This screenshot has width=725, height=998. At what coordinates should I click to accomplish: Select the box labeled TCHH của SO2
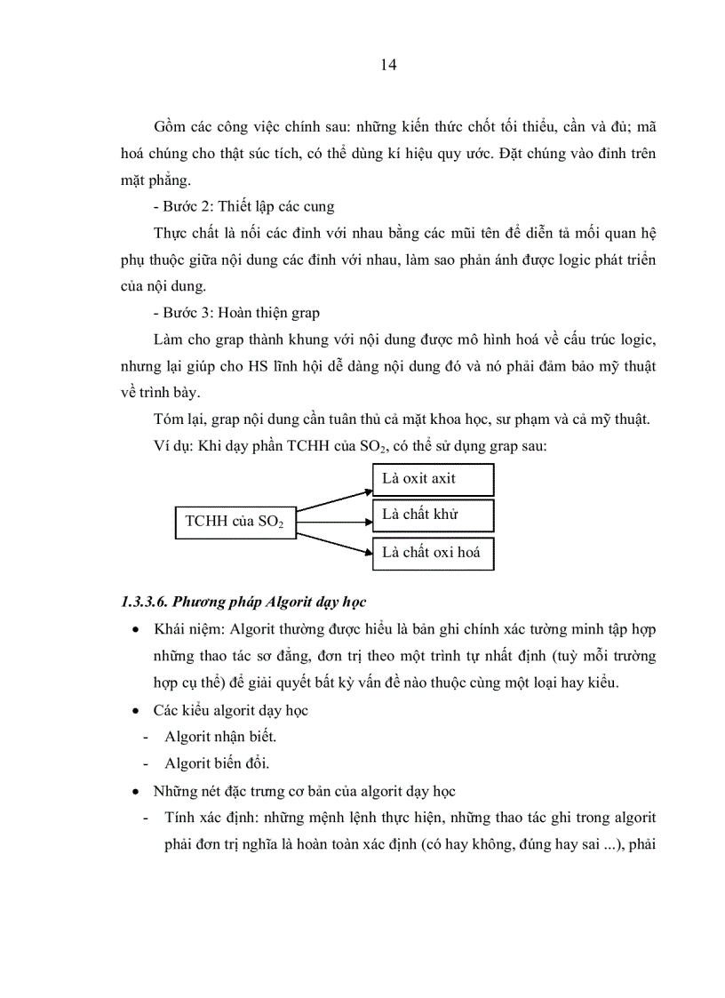coord(234,522)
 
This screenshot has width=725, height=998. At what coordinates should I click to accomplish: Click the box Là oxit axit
coord(432,479)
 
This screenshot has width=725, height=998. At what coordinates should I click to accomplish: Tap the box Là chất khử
coord(432,515)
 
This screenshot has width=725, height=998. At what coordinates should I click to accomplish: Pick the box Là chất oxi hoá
coord(432,553)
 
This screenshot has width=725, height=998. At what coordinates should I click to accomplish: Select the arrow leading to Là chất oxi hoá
coord(333,542)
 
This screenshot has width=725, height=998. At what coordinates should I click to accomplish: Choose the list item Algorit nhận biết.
coord(220,737)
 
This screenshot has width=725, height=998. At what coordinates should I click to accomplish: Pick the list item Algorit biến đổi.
coord(216,763)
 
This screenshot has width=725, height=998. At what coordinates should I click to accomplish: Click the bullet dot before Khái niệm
coord(134,630)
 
